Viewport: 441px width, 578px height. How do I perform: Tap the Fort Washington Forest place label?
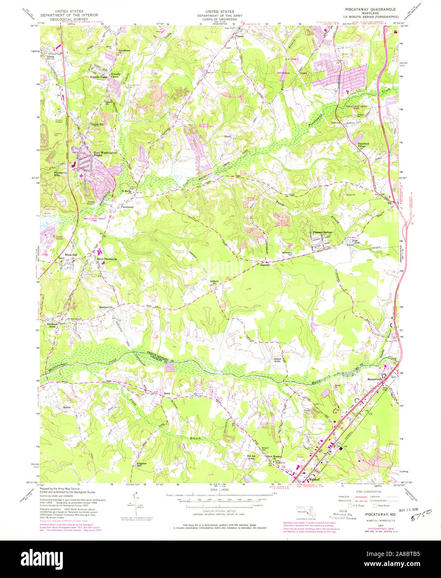click(105, 154)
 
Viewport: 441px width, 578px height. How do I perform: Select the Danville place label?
click(265, 264)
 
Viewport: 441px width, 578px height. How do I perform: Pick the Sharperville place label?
click(106, 307)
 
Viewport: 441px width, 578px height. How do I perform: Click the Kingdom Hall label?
click(142, 464)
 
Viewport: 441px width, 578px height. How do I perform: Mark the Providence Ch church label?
click(124, 52)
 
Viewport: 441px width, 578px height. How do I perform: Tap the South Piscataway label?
click(107, 259)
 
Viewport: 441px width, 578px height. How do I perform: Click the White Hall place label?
click(71, 254)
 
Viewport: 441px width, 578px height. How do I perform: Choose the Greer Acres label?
click(278, 360)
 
